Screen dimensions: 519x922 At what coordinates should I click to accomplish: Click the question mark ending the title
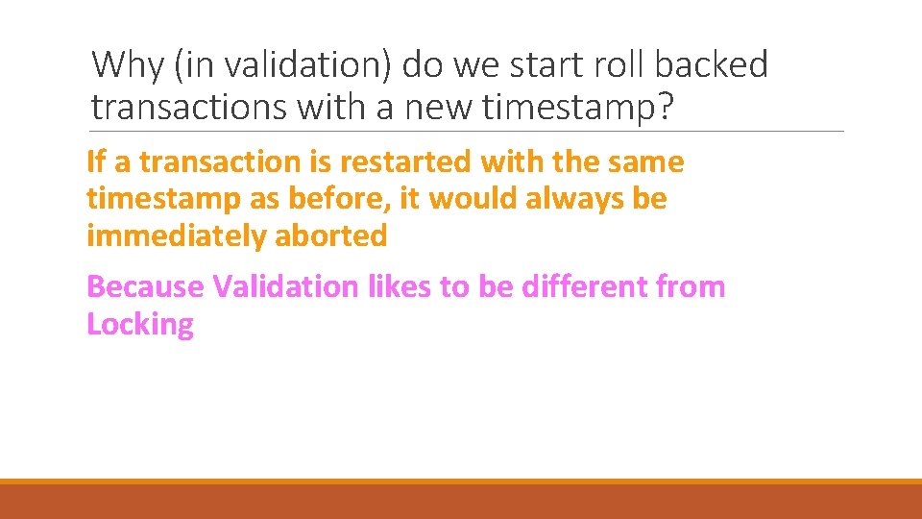[662, 107]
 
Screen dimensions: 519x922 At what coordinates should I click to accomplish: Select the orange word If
[96, 162]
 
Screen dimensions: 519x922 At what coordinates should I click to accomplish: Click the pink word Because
[145, 286]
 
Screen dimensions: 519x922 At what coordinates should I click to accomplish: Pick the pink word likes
[388, 286]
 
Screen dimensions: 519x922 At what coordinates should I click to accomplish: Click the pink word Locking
[140, 324]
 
